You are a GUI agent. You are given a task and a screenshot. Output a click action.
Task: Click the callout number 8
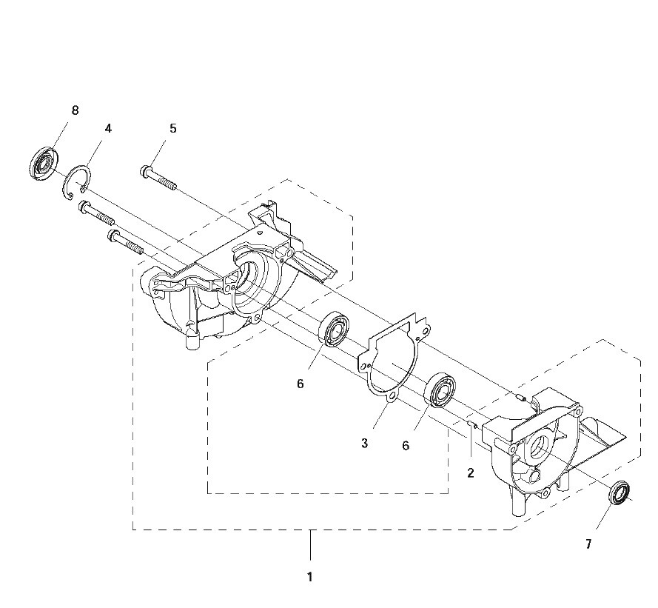[x=75, y=110]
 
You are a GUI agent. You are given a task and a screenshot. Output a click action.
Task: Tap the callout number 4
[x=108, y=128]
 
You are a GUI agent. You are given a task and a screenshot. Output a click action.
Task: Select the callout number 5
[x=173, y=128]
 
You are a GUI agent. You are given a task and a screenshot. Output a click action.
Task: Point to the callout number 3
[x=364, y=443]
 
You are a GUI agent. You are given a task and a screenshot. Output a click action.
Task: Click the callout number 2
[x=471, y=472]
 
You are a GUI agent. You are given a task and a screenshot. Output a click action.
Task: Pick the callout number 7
[x=588, y=544]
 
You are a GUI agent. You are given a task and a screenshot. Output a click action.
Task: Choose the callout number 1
[x=309, y=577]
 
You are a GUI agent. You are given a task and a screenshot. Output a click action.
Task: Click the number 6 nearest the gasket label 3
[x=406, y=446]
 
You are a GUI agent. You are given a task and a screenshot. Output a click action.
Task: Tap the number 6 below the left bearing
[x=300, y=384]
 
